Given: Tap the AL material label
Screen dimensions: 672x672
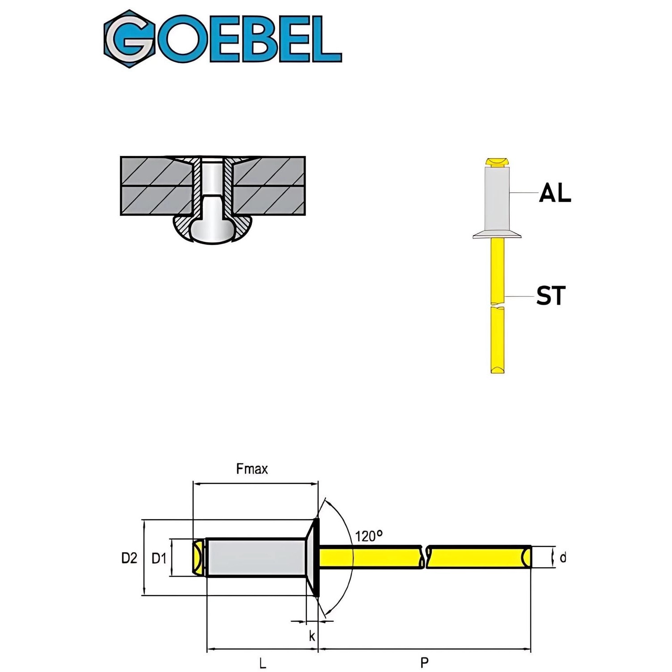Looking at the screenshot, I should [x=555, y=193].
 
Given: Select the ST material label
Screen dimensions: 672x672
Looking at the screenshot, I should [x=551, y=296].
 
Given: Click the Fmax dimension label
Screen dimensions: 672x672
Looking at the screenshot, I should [x=252, y=469].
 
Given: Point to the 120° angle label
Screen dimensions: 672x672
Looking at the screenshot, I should [x=369, y=536].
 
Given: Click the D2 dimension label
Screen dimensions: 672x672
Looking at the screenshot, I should [x=129, y=558].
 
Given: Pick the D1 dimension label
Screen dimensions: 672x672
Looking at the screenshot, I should [x=159, y=558].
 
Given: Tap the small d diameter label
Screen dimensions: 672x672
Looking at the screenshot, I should [x=563, y=558].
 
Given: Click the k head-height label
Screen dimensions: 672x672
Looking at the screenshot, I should [x=312, y=635].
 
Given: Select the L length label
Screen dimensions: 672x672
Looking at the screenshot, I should [x=263, y=662].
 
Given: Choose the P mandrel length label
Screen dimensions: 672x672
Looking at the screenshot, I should [x=424, y=662].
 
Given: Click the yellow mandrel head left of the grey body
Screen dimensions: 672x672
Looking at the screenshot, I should [x=198, y=558].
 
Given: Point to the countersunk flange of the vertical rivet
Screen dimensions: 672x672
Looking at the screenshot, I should [x=497, y=234].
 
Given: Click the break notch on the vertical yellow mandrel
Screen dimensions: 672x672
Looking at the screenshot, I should [x=497, y=306].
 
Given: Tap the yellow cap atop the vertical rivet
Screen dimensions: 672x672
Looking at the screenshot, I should [x=497, y=161].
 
